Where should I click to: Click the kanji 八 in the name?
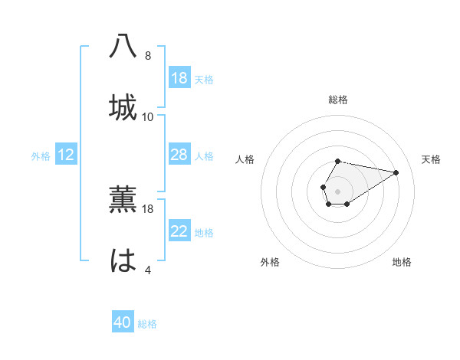point(123,47)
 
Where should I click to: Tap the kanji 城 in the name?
point(123,108)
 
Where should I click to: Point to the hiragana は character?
point(123,261)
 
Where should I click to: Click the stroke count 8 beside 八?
point(148,56)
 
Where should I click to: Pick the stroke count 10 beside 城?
point(148,117)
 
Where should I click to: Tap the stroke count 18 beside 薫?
point(148,208)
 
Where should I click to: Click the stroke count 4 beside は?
point(148,270)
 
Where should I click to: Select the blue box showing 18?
point(179,78)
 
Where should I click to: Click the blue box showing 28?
point(179,155)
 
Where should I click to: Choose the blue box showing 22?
point(179,231)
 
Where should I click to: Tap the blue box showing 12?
point(66,155)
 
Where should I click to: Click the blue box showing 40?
point(123,323)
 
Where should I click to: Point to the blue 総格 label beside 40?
point(148,324)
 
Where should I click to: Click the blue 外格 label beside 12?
point(41,156)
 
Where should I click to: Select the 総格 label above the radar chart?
point(338,100)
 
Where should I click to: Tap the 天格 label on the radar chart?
point(431,159)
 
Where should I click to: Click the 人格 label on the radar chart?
point(245,159)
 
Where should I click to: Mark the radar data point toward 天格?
point(396,172)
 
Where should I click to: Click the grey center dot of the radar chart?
point(337,190)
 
